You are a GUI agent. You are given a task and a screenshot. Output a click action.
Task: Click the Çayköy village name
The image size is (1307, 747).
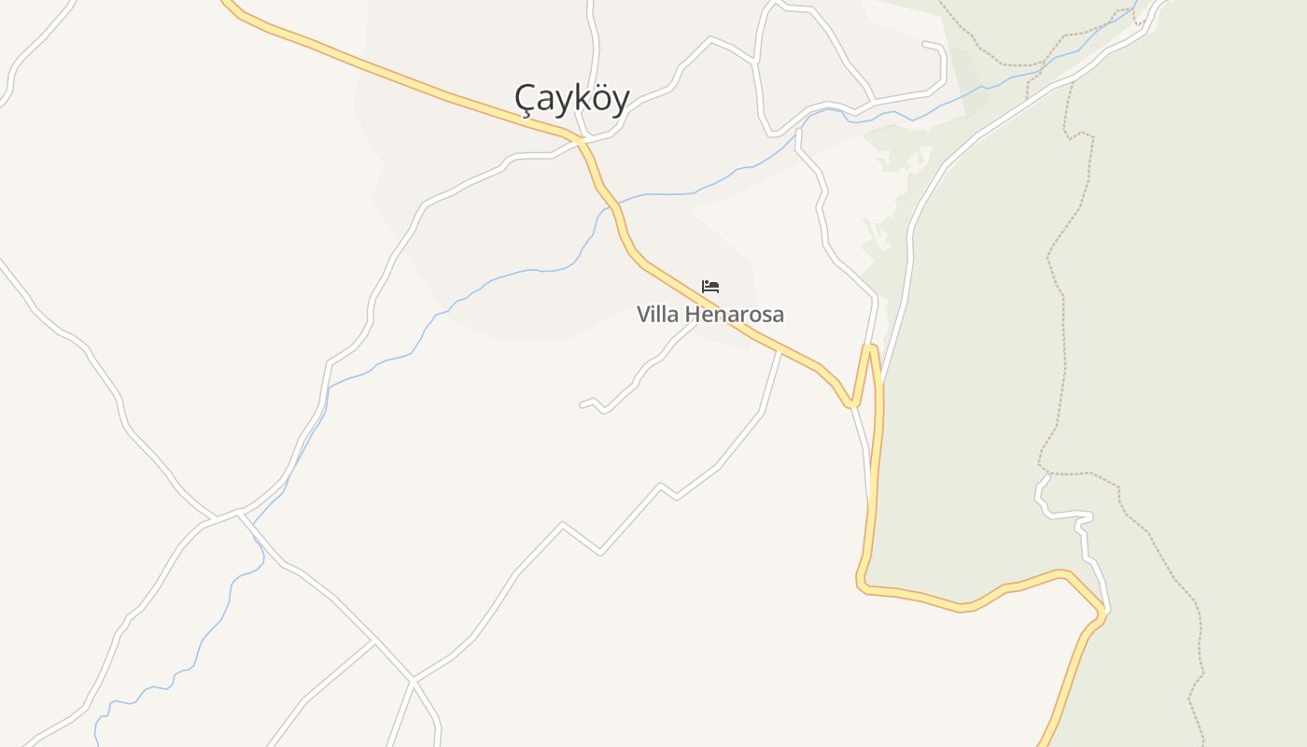pos(571,98)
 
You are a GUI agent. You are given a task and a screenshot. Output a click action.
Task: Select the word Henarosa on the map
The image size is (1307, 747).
pos(735,315)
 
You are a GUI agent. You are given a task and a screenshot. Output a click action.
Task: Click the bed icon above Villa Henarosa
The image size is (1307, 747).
pos(710,286)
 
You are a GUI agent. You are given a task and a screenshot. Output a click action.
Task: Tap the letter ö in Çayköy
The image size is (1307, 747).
pos(599,98)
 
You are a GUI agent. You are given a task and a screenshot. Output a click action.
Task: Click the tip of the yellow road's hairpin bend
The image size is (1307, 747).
pos(870,347)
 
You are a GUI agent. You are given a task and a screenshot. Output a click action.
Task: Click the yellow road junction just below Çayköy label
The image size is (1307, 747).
pos(581,141)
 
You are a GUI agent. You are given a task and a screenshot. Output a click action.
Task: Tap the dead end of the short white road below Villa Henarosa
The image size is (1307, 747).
pos(582,404)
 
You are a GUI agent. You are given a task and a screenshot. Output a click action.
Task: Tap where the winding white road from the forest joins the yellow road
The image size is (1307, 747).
pos(1104,611)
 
